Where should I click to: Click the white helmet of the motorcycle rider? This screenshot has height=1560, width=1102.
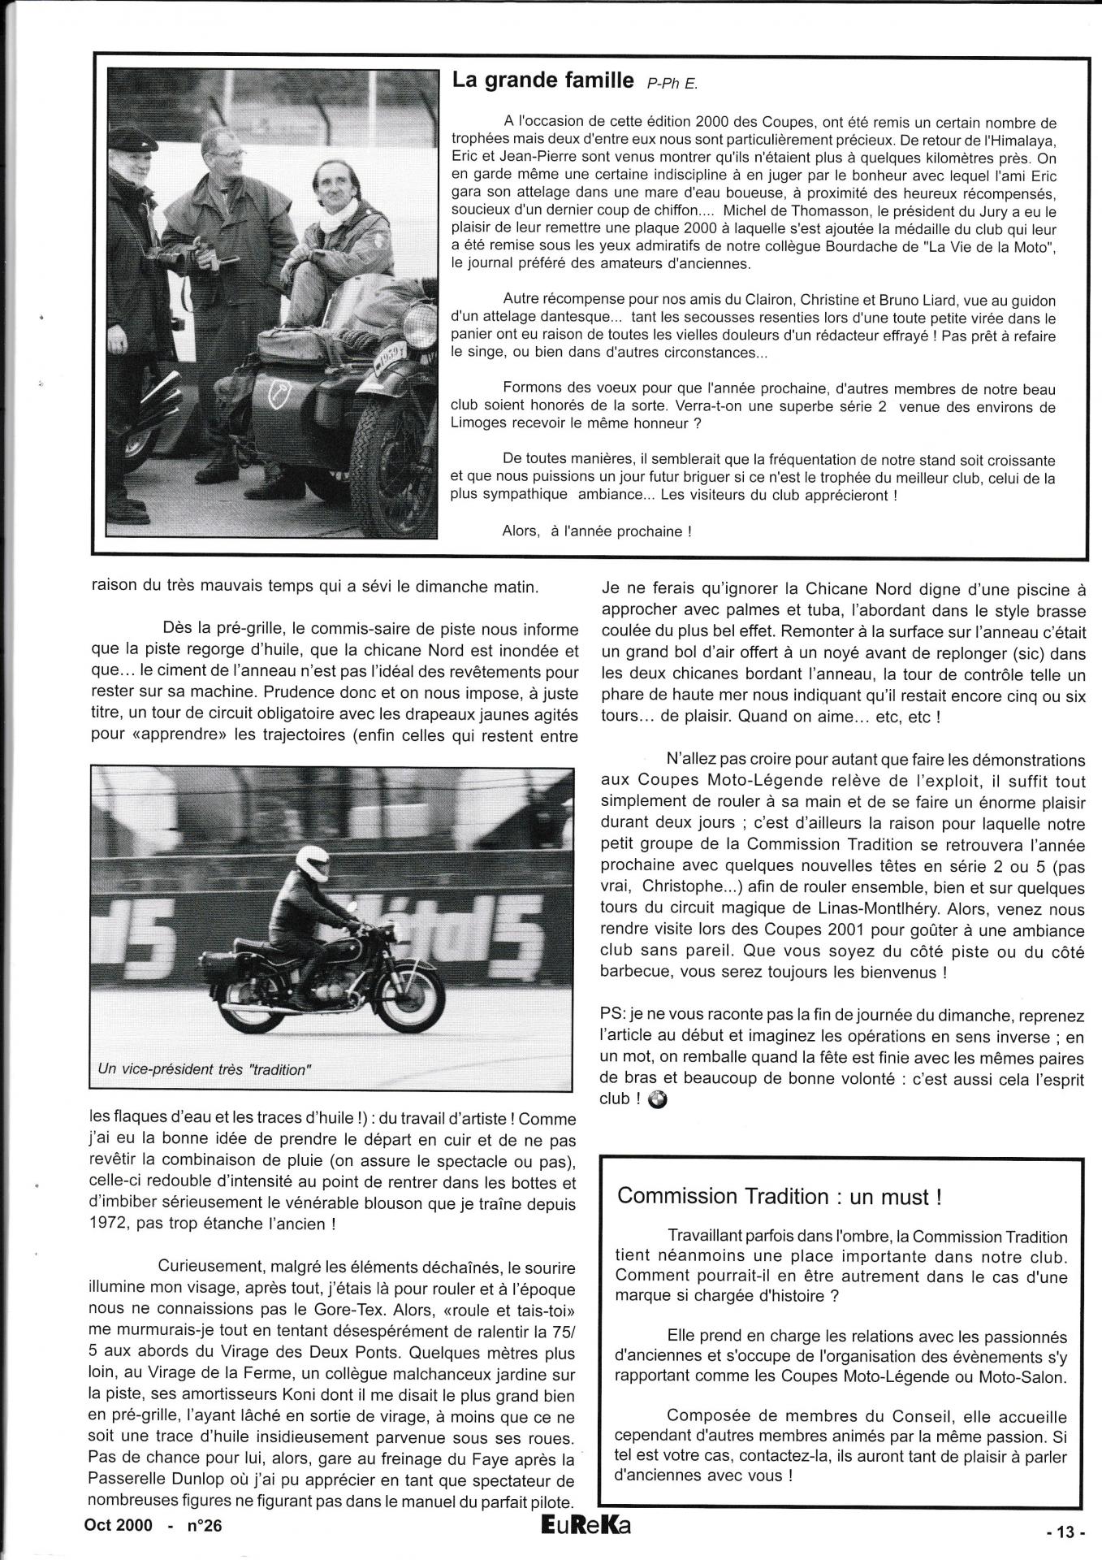coord(312,862)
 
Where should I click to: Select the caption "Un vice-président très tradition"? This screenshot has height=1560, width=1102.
coord(204,1069)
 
